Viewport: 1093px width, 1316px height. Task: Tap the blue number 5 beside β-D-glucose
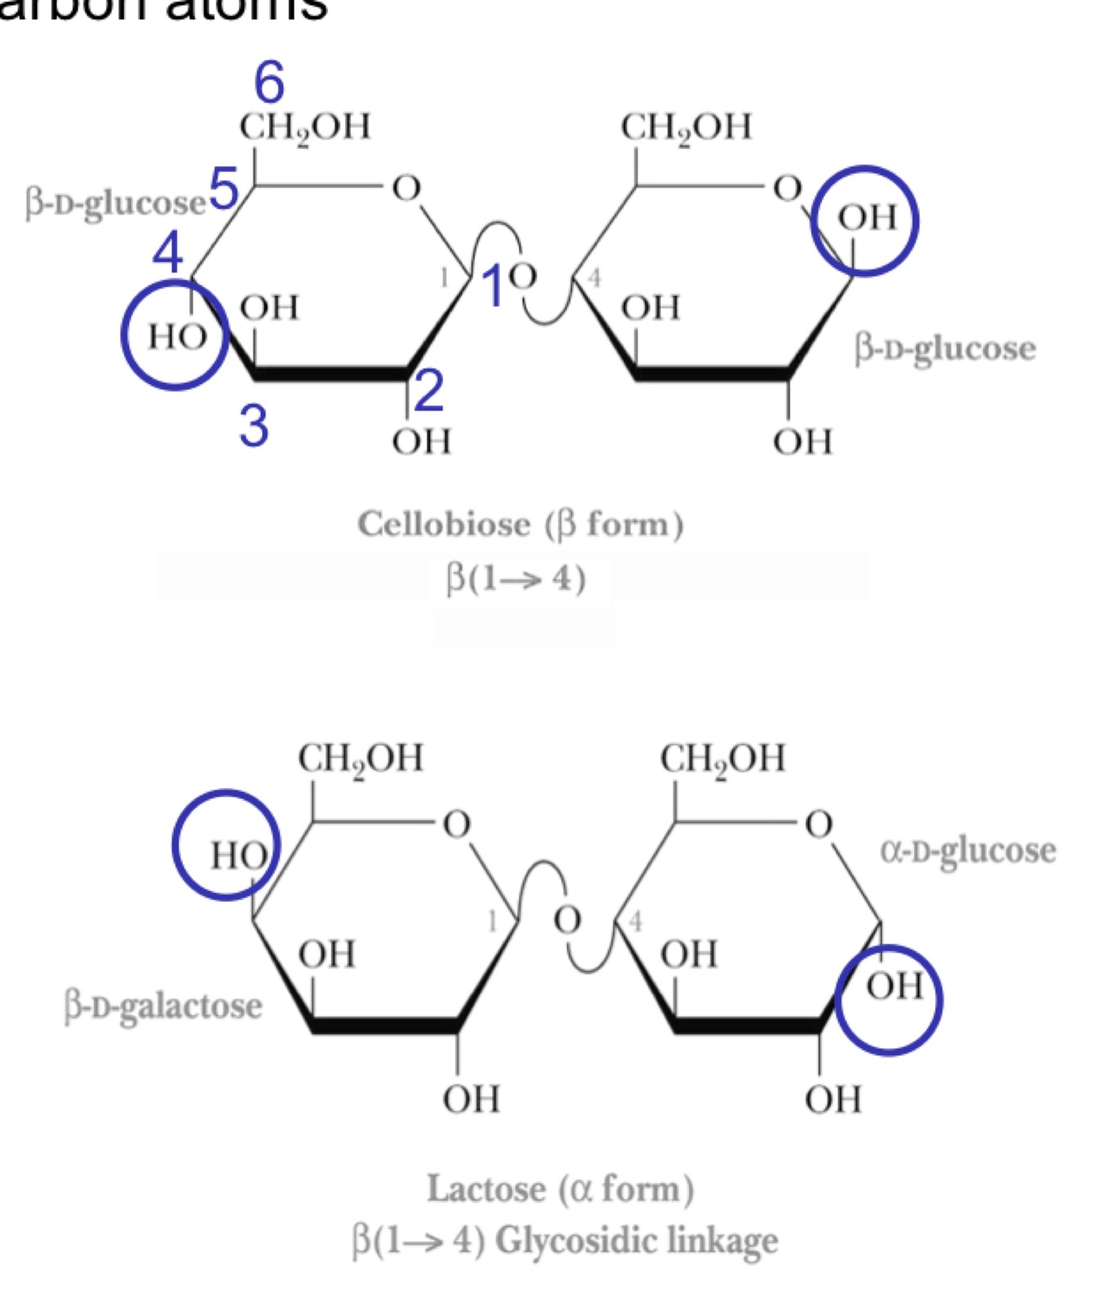(224, 188)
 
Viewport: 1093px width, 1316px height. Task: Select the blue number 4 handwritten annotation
(168, 252)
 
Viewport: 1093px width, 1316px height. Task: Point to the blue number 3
(254, 425)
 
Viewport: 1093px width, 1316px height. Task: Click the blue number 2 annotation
(429, 390)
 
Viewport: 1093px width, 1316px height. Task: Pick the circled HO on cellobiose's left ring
(175, 336)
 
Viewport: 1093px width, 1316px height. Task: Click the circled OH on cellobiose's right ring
(866, 219)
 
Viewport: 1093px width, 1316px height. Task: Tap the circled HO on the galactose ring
(237, 855)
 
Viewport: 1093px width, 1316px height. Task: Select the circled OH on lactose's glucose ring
(894, 987)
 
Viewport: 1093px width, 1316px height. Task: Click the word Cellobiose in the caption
(443, 524)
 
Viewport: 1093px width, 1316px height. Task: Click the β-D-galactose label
(163, 1006)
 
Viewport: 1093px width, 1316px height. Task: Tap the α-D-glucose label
(968, 851)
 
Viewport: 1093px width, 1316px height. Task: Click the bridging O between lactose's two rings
(567, 919)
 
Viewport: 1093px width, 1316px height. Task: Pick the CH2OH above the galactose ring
(361, 759)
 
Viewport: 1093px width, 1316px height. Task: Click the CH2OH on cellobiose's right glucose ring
(685, 128)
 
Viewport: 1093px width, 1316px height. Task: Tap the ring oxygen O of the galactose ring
(456, 824)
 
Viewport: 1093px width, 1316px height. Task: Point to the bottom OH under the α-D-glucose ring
(832, 1099)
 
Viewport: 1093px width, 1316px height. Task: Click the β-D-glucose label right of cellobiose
(945, 349)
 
